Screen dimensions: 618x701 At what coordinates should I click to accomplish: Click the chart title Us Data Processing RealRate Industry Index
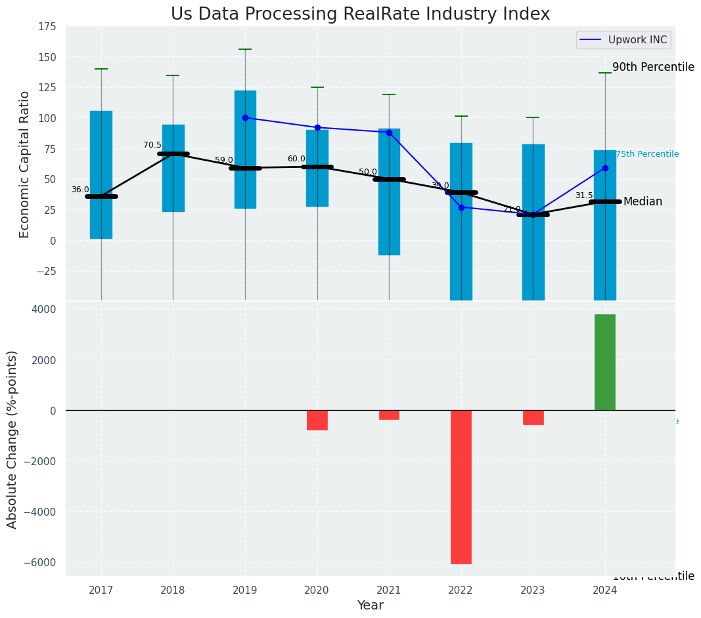[x=360, y=14]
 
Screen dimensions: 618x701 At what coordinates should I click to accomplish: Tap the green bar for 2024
[x=604, y=362]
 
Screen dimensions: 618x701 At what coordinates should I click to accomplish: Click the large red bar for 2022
[x=461, y=487]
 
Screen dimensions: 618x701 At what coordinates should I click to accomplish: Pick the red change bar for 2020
[x=317, y=420]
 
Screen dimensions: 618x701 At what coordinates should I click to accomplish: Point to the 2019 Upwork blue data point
[x=245, y=118]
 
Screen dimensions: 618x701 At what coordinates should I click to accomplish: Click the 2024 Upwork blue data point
[x=605, y=168]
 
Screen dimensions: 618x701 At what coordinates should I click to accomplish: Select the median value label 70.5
[x=152, y=145]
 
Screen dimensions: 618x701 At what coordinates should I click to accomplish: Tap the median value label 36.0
[x=80, y=190]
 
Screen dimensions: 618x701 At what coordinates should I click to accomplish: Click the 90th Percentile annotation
[x=653, y=67]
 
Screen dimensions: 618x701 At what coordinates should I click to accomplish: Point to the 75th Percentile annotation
[x=647, y=154]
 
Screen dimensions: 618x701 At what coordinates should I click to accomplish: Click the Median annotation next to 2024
[x=643, y=201]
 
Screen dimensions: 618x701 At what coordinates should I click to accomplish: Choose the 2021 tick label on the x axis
[x=389, y=590]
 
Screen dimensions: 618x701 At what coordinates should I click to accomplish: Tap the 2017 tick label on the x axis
[x=101, y=590]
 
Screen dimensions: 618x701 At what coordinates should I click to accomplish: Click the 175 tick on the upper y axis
[x=47, y=28]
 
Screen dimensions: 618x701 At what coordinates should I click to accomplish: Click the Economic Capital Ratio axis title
[x=25, y=164]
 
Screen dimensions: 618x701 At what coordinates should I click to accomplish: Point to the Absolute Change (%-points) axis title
[x=12, y=439]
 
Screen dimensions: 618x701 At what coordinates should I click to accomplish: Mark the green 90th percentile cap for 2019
[x=245, y=49]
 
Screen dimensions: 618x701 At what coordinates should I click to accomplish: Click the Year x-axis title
[x=370, y=606]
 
